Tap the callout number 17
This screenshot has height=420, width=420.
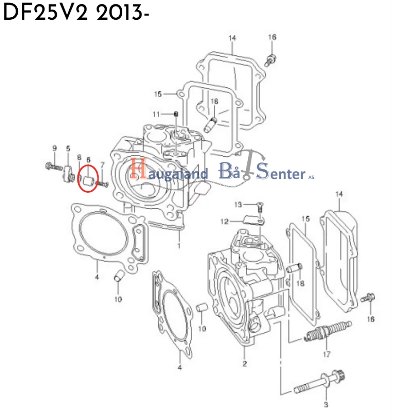pyautogui.click(x=326, y=354)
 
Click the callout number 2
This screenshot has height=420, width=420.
pyautogui.click(x=244, y=363)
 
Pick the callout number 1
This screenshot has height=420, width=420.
pyautogui.click(x=179, y=246)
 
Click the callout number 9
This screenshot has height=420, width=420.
pyautogui.click(x=54, y=148)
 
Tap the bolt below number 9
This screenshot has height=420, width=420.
pyautogui.click(x=53, y=167)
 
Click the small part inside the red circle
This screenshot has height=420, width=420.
pyautogui.click(x=87, y=180)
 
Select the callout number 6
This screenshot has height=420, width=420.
pyautogui.click(x=88, y=159)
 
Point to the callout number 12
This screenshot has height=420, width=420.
pyautogui.click(x=224, y=222)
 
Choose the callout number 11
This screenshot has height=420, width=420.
pyautogui.click(x=156, y=114)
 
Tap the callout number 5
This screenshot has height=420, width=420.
pyautogui.click(x=68, y=148)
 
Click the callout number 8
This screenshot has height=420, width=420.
pyautogui.click(x=79, y=157)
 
